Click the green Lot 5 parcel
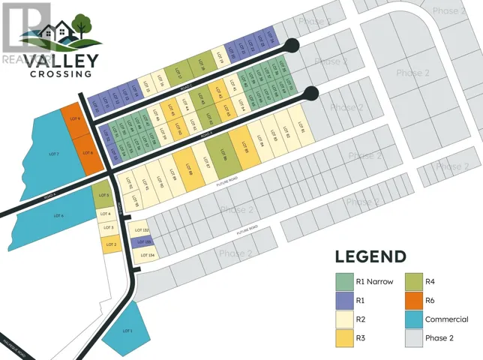click(x=102, y=196)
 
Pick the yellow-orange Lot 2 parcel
click(x=110, y=244)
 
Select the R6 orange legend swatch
click(x=412, y=301)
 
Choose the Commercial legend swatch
click(x=412, y=319)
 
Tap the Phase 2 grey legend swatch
click(x=412, y=338)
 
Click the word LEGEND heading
click(x=370, y=256)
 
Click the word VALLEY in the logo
click(x=61, y=59)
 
